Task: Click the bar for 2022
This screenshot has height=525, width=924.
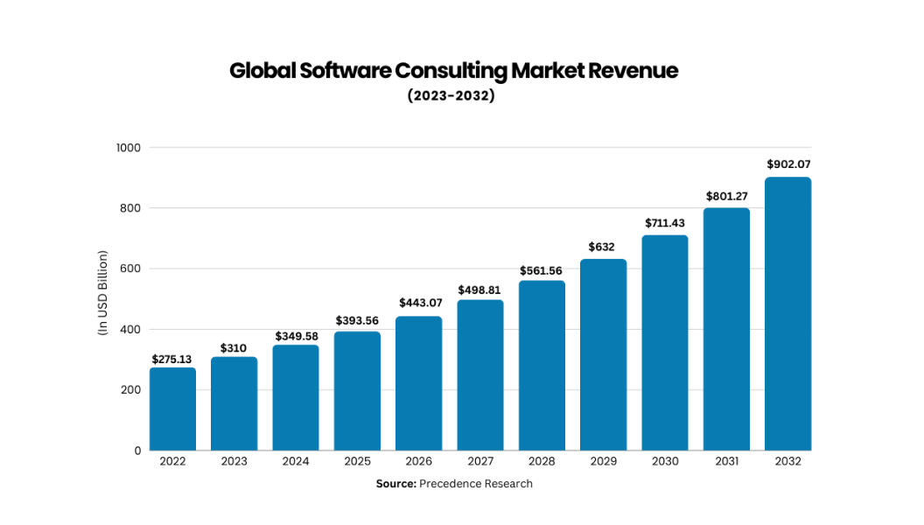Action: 172,409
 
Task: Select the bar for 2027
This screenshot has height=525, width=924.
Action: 480,375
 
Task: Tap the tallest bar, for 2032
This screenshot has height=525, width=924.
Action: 787,314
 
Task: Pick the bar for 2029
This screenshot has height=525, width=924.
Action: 603,354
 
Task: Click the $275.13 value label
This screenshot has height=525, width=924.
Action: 172,359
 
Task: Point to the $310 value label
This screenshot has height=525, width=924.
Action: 234,348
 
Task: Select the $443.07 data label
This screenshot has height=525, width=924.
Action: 418,303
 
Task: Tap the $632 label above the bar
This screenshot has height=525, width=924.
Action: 603,248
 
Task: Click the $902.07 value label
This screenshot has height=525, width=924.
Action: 787,164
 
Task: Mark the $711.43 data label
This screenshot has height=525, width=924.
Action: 665,223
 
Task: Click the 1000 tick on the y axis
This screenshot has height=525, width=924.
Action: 128,148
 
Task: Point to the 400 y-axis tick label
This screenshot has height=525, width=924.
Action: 130,330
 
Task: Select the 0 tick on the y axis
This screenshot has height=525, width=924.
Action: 137,451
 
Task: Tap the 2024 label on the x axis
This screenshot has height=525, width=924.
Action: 296,462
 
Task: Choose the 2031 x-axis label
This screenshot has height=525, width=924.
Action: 726,462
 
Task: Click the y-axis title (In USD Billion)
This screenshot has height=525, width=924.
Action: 101,292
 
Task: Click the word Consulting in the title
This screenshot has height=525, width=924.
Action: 451,71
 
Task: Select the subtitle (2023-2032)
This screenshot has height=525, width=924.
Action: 451,96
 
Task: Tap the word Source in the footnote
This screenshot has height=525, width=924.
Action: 395,484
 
